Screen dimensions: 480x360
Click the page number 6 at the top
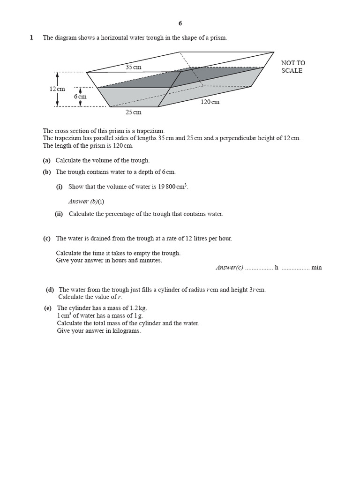pyautogui.click(x=180, y=23)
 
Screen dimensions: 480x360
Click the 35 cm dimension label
pyautogui.click(x=133, y=67)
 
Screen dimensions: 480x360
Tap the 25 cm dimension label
pyautogui.click(x=133, y=112)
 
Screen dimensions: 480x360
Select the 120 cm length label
pyautogui.click(x=210, y=102)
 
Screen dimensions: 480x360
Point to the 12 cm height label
pyautogui.click(x=57, y=89)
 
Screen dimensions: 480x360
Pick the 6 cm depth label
pyautogui.click(x=80, y=97)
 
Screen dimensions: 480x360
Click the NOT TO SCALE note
pyautogui.click(x=293, y=67)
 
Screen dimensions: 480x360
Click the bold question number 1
pyautogui.click(x=31, y=38)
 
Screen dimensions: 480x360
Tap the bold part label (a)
pyautogui.click(x=47, y=160)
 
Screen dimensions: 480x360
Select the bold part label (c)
pyautogui.click(x=47, y=238)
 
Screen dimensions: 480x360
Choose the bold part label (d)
pyautogui.click(x=50, y=290)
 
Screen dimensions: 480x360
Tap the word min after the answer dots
pyautogui.click(x=316, y=268)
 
